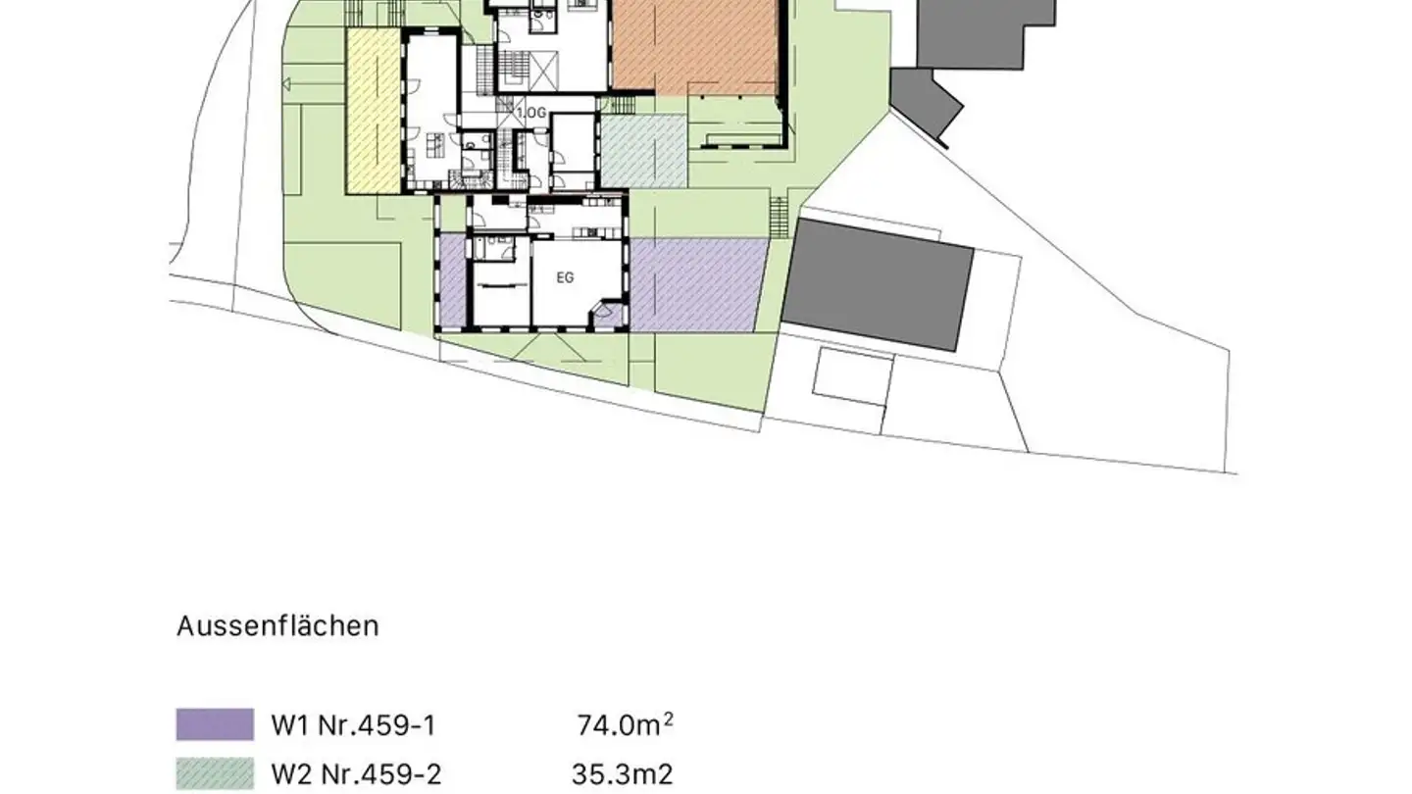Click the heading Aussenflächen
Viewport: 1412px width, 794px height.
click(277, 626)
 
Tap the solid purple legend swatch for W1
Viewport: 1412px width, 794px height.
click(215, 724)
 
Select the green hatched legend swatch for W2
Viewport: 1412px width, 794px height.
click(215, 774)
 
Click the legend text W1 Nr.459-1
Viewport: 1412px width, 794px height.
click(352, 725)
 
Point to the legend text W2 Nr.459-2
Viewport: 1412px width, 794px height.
click(355, 775)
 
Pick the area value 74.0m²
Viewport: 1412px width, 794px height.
click(625, 725)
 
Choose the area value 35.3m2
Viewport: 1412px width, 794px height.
click(622, 775)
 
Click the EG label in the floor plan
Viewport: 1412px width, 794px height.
click(565, 277)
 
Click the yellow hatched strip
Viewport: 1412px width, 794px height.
click(373, 113)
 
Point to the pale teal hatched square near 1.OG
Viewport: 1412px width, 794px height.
click(643, 150)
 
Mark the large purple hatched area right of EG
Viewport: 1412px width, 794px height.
click(696, 284)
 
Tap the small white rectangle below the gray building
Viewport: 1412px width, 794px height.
click(853, 376)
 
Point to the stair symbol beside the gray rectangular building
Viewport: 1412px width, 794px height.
click(781, 216)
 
